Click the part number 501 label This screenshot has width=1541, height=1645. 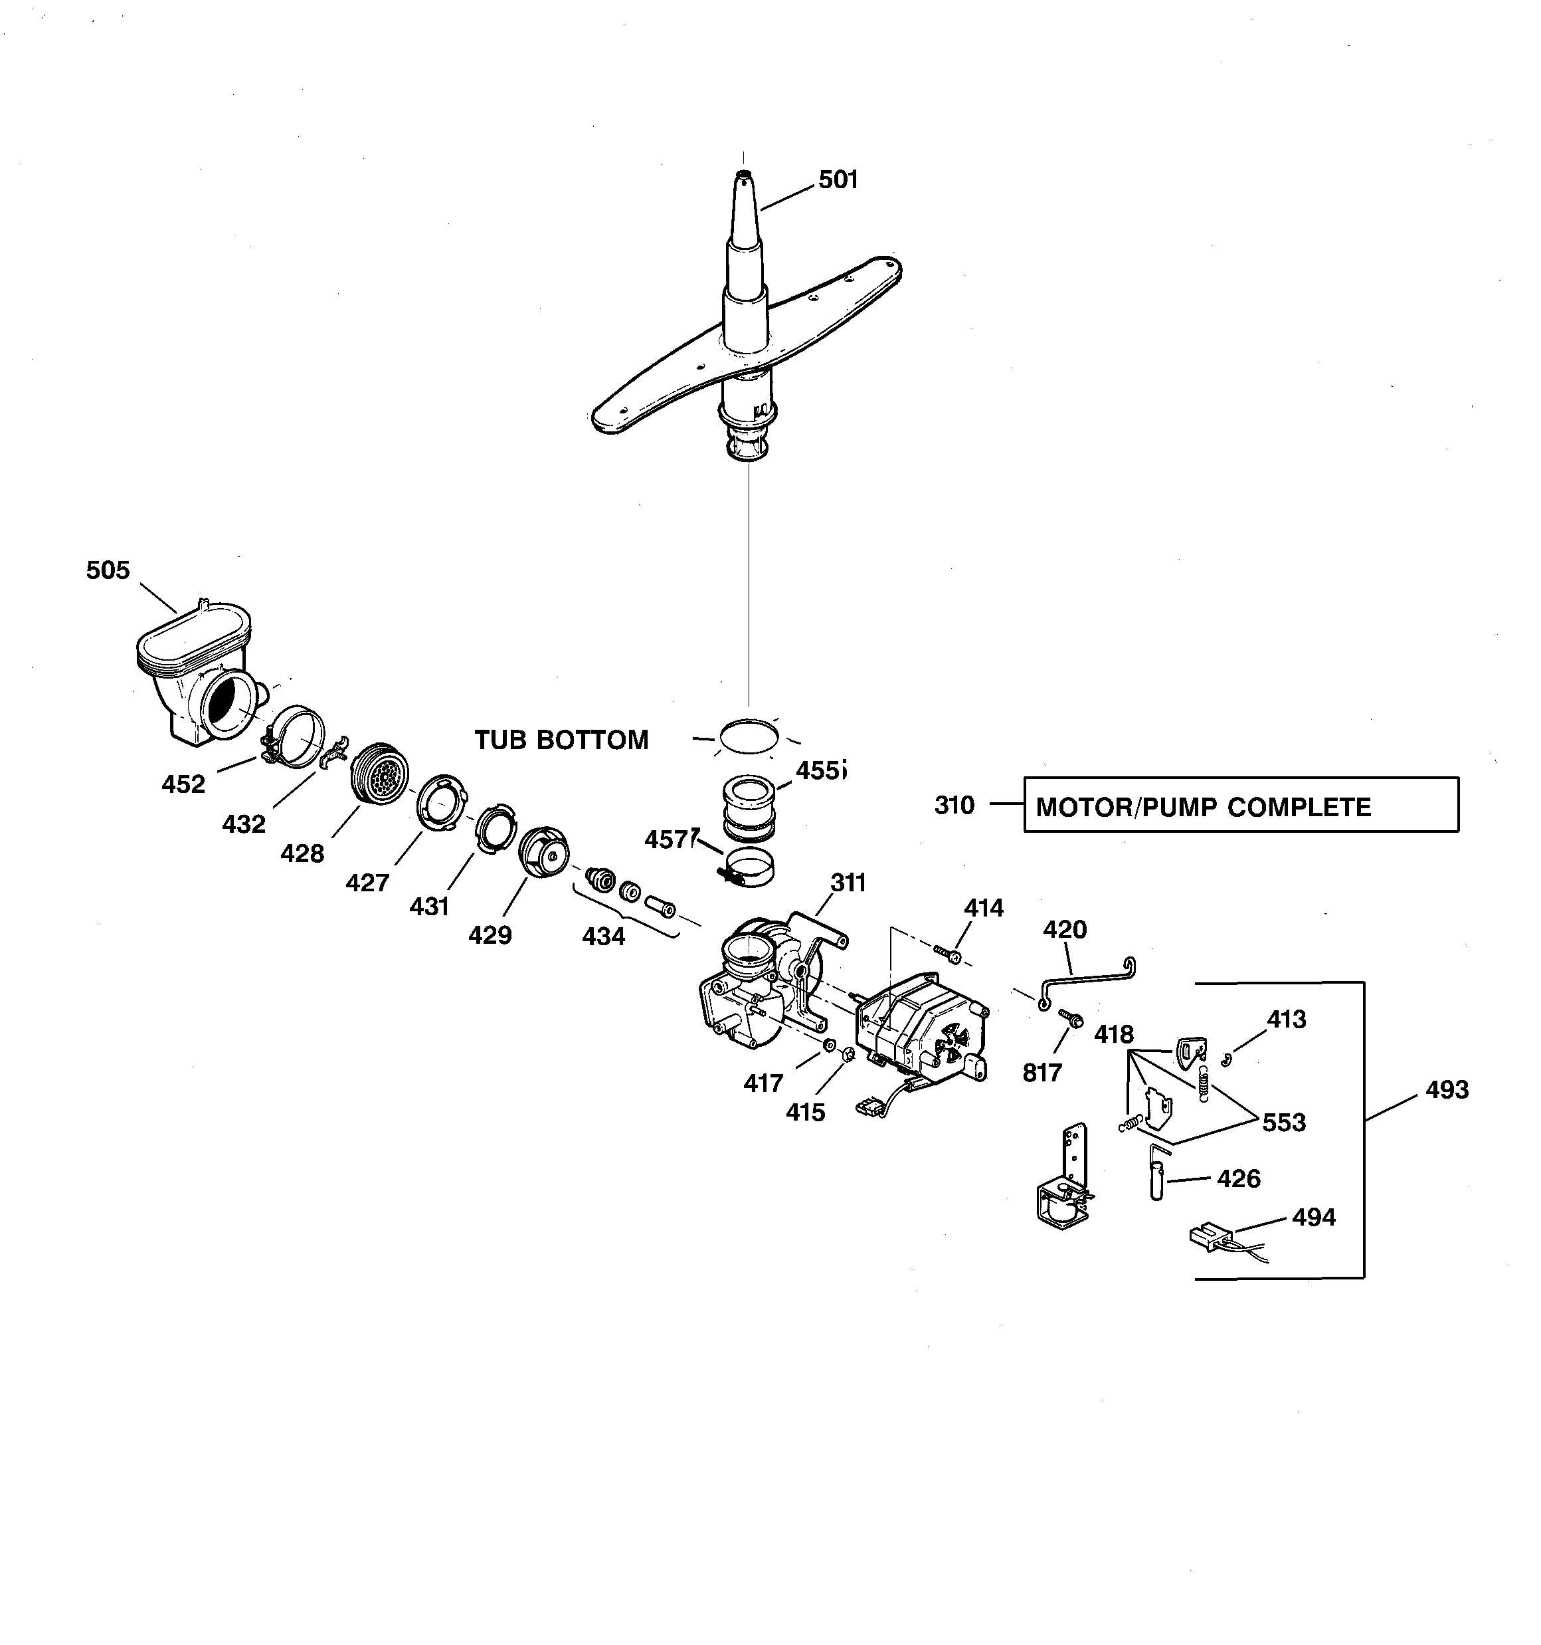[838, 179]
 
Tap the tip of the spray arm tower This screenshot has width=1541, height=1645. [743, 175]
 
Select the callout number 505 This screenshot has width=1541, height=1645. [108, 570]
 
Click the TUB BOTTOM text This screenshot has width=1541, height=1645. [561, 740]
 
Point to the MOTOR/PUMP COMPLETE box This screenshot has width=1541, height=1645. [1240, 804]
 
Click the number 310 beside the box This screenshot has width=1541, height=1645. [954, 805]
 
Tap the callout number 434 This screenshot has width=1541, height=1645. [603, 936]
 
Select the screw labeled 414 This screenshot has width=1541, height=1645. [949, 954]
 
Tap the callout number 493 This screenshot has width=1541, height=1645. [1447, 1090]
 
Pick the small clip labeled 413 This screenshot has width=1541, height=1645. [1227, 1059]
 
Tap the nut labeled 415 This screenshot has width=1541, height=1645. [847, 1054]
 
